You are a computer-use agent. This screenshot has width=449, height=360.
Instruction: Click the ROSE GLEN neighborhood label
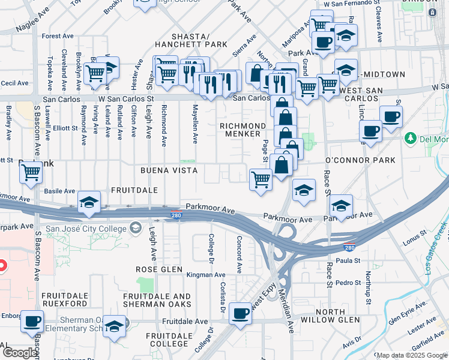tap(158, 269)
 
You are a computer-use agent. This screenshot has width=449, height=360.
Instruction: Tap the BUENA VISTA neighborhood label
tap(169, 170)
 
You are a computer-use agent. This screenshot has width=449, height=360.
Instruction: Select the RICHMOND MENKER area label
tap(243, 130)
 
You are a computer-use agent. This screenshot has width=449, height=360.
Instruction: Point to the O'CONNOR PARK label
tap(360, 160)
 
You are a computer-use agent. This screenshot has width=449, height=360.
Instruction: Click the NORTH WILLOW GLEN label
tap(339, 316)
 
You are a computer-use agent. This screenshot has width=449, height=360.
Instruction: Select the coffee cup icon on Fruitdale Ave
tap(241, 313)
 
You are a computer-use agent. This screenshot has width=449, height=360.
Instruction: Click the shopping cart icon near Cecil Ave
tap(95, 73)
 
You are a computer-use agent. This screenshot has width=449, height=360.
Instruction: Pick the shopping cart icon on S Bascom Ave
tap(31, 173)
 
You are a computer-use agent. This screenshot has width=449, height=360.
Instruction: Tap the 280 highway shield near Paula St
tap(348, 247)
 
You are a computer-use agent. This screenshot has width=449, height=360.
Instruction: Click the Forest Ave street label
tap(58, 36)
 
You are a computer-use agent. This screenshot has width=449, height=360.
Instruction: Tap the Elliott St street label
tap(65, 128)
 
